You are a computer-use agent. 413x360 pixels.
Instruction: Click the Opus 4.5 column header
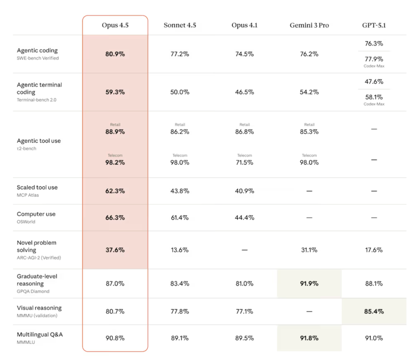click(x=115, y=25)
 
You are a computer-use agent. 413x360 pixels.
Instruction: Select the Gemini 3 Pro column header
click(x=309, y=25)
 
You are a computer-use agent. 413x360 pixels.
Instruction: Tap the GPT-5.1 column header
click(x=374, y=25)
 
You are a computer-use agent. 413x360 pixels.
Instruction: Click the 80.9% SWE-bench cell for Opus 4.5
click(x=115, y=54)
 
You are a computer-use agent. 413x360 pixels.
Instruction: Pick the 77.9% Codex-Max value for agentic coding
click(x=374, y=59)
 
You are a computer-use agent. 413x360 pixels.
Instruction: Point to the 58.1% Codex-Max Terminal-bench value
click(x=374, y=97)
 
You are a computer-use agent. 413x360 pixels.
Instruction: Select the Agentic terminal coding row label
click(x=39, y=88)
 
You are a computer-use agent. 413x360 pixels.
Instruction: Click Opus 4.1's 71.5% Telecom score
click(x=244, y=162)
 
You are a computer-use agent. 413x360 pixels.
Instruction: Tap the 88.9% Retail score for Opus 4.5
click(x=115, y=131)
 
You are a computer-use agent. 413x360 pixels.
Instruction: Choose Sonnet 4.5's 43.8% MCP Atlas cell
click(x=180, y=191)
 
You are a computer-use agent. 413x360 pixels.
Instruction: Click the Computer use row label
click(x=36, y=214)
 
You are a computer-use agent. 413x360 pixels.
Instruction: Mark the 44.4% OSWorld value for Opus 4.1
click(x=244, y=217)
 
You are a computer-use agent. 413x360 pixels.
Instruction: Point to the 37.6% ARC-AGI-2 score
click(x=115, y=250)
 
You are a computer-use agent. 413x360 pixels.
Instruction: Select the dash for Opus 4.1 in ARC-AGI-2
click(x=244, y=250)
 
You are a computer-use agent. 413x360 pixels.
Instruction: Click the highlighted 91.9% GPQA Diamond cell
click(x=309, y=284)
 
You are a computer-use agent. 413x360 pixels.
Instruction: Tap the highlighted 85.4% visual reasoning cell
click(x=374, y=311)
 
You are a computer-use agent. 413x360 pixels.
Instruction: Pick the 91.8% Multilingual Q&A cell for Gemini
click(x=309, y=338)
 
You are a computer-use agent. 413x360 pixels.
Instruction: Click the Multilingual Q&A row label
click(x=40, y=335)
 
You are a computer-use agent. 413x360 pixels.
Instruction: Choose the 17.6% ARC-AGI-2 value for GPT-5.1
click(x=374, y=250)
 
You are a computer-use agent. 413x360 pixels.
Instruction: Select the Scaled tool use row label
click(x=37, y=187)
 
